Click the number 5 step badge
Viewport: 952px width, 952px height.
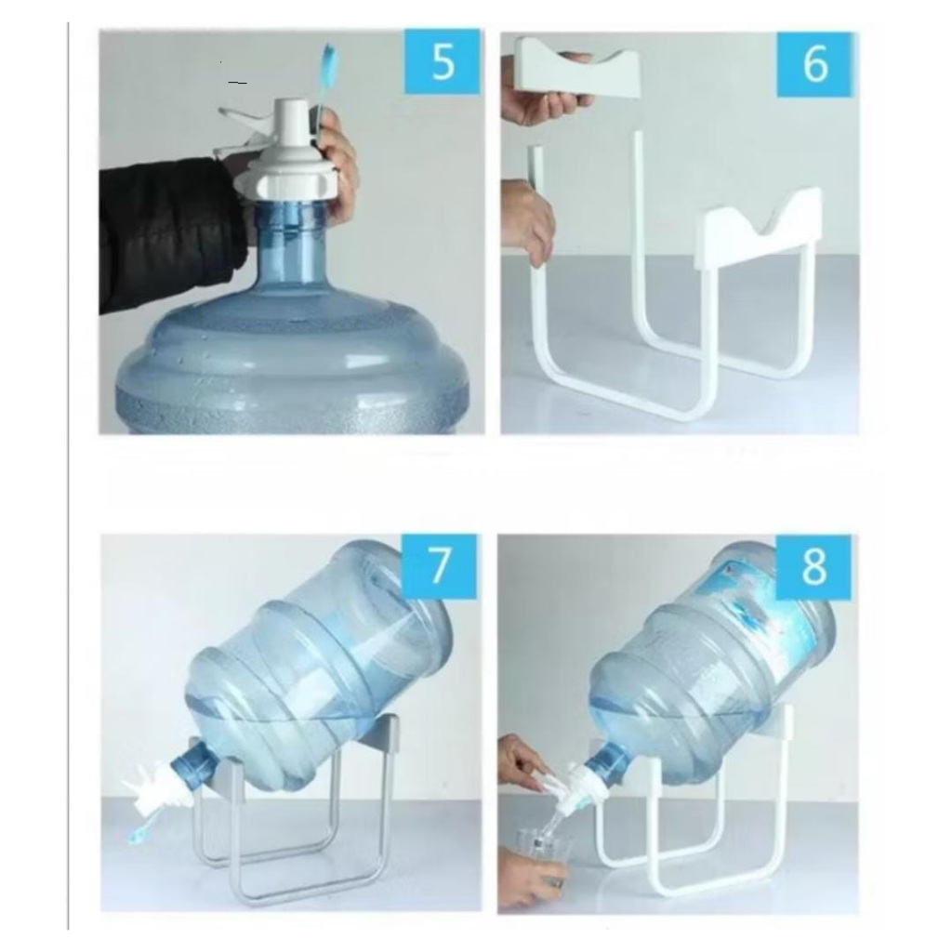442,61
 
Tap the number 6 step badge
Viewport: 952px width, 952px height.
814,64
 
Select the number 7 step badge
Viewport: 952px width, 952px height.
440,565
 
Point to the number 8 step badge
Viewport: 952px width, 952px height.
813,566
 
